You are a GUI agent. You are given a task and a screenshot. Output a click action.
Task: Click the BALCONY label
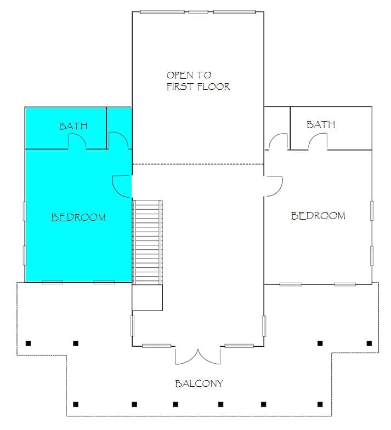(x=199, y=383)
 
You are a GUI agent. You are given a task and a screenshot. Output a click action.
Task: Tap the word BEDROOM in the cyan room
(x=78, y=217)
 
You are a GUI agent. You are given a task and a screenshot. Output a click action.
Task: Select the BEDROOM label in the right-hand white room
(x=318, y=216)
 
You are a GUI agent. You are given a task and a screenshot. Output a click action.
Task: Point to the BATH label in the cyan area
(x=73, y=126)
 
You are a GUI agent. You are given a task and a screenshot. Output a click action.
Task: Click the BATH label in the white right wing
(x=321, y=124)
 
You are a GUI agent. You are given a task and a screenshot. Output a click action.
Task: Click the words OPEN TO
(x=189, y=75)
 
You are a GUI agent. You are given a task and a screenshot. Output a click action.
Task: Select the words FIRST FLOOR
(x=198, y=87)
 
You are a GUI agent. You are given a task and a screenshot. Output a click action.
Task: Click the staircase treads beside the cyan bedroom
(x=148, y=243)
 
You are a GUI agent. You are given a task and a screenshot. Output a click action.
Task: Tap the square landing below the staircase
(x=148, y=297)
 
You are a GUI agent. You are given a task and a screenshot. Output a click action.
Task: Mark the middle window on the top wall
(x=199, y=12)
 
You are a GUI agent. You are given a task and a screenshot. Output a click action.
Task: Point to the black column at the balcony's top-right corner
(x=369, y=343)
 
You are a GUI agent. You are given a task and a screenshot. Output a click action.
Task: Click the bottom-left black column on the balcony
(x=76, y=404)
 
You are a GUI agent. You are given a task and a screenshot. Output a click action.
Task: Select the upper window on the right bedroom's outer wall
(x=372, y=210)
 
